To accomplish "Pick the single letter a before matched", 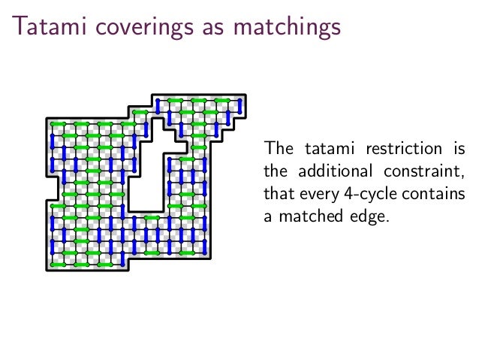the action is pos(267,219).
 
